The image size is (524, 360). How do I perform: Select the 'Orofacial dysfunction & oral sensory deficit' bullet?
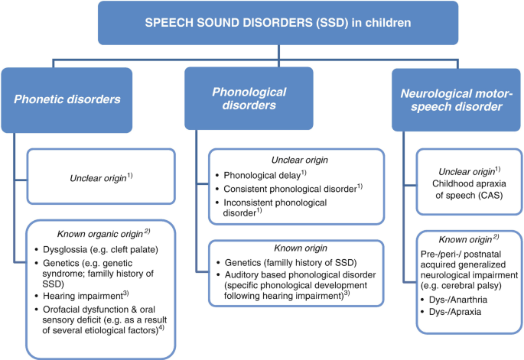coord(107,318)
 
